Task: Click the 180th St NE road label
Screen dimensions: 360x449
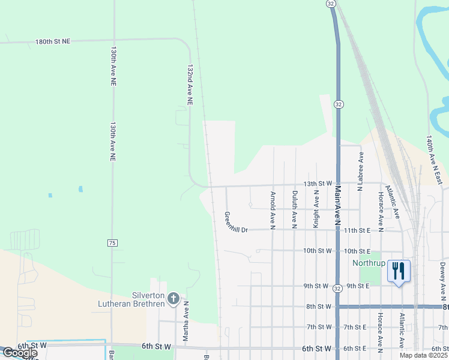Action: [x=53, y=41]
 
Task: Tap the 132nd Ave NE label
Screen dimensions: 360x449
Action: [x=190, y=85]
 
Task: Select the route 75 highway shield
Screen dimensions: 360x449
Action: [x=112, y=242]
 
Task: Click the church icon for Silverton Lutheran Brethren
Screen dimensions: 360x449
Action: [x=173, y=298]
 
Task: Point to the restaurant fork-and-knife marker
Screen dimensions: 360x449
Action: [x=399, y=271]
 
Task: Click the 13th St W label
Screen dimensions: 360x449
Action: [x=318, y=183]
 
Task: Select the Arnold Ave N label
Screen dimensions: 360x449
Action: [x=273, y=210]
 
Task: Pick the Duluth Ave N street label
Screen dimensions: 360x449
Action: [x=294, y=209]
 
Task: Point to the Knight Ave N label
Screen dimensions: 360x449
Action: [x=316, y=208]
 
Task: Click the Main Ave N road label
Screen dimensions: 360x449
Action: [x=337, y=206]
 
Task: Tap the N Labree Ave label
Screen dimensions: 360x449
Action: [x=360, y=171]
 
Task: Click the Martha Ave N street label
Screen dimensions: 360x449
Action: [x=186, y=322]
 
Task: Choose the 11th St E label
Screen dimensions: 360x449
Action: [x=359, y=230]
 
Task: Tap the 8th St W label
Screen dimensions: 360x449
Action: [x=319, y=307]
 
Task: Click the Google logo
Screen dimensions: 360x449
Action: [x=20, y=353]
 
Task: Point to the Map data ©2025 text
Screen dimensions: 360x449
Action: [x=423, y=355]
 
